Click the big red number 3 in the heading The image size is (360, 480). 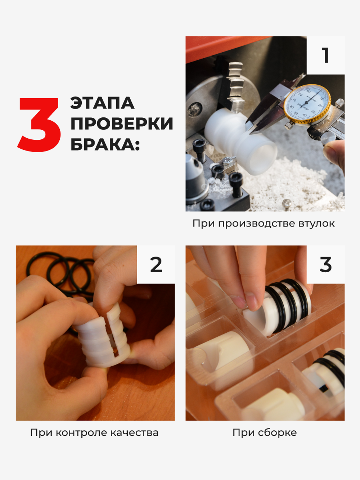click(x=39, y=124)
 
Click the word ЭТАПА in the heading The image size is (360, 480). click(x=102, y=103)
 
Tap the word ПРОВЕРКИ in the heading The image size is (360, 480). click(x=122, y=124)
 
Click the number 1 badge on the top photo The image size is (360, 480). click(x=325, y=55)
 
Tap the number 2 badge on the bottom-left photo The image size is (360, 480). click(x=156, y=265)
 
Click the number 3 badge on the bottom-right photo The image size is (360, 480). click(x=325, y=265)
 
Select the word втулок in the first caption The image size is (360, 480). click(x=317, y=224)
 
